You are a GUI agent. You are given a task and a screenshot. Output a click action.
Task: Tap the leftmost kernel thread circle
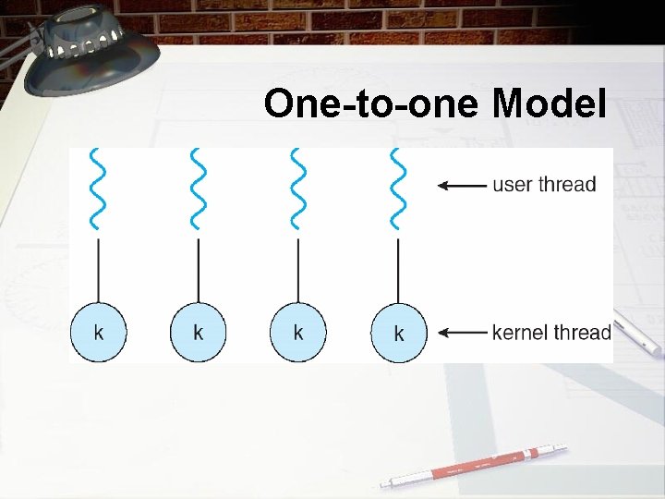click(98, 332)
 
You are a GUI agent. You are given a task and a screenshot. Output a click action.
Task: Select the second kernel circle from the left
click(198, 332)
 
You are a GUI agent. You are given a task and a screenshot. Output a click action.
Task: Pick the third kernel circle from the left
click(297, 332)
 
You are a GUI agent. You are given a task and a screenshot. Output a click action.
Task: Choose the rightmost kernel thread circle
click(399, 333)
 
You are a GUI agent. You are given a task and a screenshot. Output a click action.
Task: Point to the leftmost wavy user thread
click(98, 189)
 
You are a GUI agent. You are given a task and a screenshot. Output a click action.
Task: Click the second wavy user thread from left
click(198, 189)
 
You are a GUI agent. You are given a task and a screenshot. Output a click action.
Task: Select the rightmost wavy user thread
click(398, 189)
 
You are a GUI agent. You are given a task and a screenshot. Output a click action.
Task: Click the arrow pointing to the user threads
click(462, 185)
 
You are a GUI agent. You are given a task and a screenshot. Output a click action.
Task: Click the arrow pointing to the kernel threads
click(462, 332)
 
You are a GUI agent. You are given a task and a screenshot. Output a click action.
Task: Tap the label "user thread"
click(544, 184)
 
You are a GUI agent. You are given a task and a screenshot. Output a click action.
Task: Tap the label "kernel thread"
click(551, 332)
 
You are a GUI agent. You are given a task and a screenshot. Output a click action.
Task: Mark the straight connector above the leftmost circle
click(98, 270)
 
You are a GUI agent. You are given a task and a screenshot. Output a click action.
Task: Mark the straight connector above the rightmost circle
click(398, 270)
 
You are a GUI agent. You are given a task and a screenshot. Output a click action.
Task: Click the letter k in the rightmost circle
click(399, 334)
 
